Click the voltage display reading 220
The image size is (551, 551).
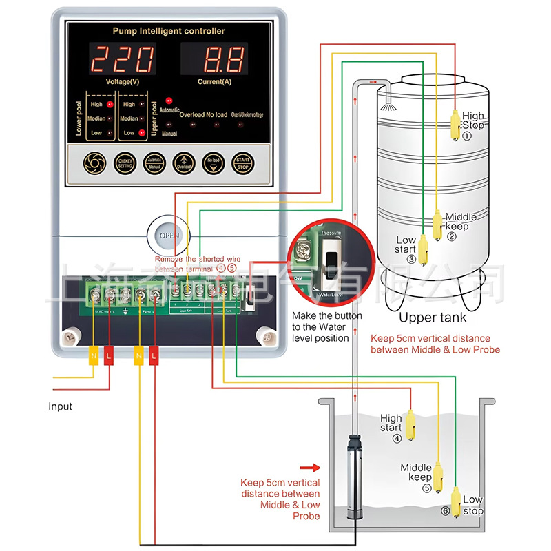124,60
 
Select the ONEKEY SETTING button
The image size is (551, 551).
125,163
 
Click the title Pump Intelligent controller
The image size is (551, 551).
168,31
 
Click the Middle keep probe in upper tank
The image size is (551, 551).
437,221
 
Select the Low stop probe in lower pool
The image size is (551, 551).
456,501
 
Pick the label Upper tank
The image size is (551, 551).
433,318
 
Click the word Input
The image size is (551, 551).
60,406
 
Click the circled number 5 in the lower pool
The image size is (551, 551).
426,488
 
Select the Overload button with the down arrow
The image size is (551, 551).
184,163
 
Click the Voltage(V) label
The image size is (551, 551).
124,82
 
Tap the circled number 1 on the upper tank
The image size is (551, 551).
466,136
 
